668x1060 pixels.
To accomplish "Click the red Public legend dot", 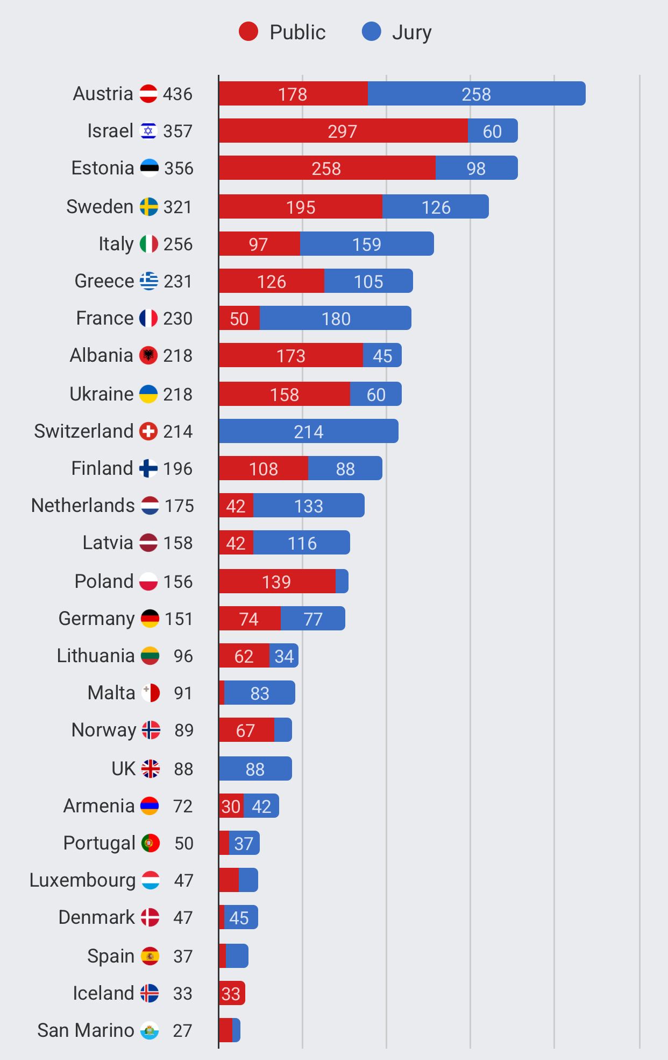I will coord(248,32).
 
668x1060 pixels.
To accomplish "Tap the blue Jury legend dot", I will coord(372,32).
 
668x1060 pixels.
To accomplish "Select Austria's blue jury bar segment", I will coord(476,94).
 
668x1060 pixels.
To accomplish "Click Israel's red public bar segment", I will coord(343,131).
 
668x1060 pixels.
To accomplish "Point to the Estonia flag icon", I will coord(149,168).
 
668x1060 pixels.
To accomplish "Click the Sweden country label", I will coord(100,207).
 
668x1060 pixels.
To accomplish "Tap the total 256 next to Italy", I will coord(178,244).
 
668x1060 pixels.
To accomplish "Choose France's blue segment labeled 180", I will coord(336,318).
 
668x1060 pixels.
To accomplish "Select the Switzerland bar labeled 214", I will coord(308,431).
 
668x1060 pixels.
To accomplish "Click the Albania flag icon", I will coord(148,355).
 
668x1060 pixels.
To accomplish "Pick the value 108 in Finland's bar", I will coord(264,468).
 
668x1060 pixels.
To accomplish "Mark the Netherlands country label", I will coord(83,506).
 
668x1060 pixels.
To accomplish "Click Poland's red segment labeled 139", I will coord(276,581).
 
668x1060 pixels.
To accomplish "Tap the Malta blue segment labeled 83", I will coord(260,693).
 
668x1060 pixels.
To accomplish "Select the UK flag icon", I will coord(151,769).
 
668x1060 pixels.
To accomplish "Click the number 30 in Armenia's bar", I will coord(231,806).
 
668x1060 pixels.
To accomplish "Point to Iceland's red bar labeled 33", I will coord(231,993).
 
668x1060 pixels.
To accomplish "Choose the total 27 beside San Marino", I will coord(182,1030).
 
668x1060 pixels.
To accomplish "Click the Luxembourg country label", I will coord(82,880).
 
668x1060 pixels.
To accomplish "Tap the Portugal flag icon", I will coord(151,843).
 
